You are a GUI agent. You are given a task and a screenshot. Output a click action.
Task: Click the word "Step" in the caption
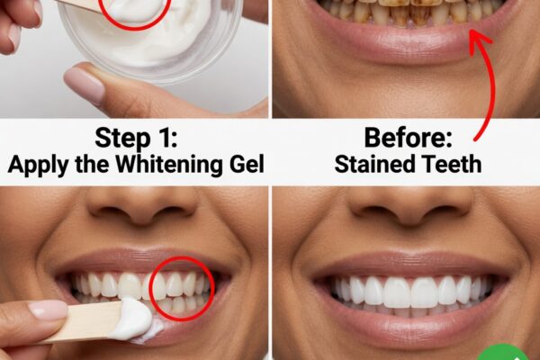click(x=122, y=138)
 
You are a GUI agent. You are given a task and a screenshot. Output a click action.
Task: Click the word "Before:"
click(x=408, y=138)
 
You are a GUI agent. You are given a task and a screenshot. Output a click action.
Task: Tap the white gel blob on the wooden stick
click(x=132, y=319)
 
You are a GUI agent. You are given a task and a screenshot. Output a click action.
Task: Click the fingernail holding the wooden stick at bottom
click(x=48, y=310)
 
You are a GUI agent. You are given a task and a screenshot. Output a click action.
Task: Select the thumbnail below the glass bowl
click(x=84, y=85)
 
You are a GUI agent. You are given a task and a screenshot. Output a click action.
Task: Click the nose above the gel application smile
click(x=142, y=206)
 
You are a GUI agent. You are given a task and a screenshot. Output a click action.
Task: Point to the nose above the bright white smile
click(x=409, y=206)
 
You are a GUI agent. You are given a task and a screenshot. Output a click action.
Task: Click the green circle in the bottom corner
click(x=503, y=353)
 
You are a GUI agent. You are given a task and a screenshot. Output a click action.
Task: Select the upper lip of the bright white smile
click(x=409, y=265)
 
